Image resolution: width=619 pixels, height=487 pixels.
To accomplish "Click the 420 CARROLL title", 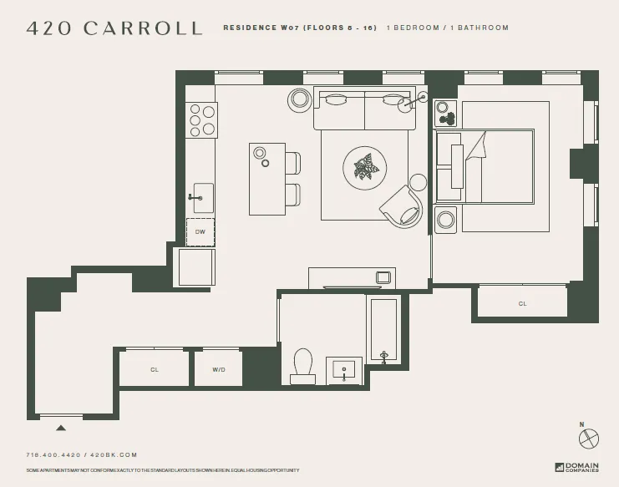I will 114,28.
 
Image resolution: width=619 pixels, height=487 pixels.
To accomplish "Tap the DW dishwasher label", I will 200,231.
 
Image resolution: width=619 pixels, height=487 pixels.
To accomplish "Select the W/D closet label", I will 218,368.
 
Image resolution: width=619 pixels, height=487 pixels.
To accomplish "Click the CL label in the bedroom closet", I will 522,303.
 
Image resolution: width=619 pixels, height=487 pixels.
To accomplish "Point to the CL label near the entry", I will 155,368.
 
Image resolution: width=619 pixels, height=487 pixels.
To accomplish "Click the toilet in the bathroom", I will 302,366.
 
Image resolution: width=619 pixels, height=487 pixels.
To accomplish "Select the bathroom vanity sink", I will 344,368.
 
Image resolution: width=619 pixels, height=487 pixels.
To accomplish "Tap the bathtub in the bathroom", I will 383,330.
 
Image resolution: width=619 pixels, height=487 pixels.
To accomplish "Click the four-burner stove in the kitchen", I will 201,119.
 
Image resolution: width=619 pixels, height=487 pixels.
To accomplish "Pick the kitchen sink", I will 202,198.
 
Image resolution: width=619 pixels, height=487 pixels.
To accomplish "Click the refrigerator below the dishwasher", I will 195,267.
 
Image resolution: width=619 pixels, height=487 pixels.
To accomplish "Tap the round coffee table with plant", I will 365,168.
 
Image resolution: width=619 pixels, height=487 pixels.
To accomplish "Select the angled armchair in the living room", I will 402,206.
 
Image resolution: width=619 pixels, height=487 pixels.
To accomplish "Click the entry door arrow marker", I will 60,428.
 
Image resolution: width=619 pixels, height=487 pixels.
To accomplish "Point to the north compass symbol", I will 589,437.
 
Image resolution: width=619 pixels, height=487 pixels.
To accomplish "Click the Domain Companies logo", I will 576,468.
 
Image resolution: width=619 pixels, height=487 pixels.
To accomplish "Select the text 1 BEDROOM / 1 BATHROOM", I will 447,28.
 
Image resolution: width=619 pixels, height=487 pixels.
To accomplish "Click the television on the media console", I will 383,276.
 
